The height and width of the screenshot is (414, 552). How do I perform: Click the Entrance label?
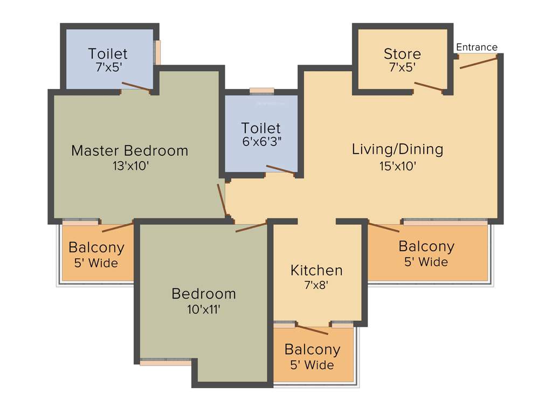[x=477, y=47]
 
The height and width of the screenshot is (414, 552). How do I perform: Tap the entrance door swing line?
[x=478, y=63]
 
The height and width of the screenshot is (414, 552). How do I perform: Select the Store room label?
[x=402, y=54]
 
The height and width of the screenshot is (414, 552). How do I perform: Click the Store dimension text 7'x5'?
[x=402, y=67]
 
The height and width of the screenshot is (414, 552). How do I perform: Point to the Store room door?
[x=430, y=87]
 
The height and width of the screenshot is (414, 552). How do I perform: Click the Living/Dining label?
[x=397, y=149]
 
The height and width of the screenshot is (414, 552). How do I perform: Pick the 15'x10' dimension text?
[x=397, y=166]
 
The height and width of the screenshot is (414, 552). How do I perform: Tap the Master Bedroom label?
[x=129, y=150]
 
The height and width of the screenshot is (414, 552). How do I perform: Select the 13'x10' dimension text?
[x=130, y=166]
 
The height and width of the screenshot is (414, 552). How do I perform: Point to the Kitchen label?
[x=316, y=270]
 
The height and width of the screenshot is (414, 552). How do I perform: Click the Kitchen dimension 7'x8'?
[x=316, y=285]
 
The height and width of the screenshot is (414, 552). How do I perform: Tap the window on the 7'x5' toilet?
[x=157, y=53]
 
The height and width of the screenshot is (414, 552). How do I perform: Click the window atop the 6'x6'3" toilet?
[x=261, y=91]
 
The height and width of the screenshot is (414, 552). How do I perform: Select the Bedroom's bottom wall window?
[x=165, y=362]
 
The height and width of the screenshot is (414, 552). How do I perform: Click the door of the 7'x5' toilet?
[x=136, y=87]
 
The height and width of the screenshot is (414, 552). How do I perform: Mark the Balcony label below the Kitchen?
[x=312, y=349]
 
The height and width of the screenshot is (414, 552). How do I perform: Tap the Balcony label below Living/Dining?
[x=426, y=246]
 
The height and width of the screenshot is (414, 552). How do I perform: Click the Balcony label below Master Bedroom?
[x=96, y=248]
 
